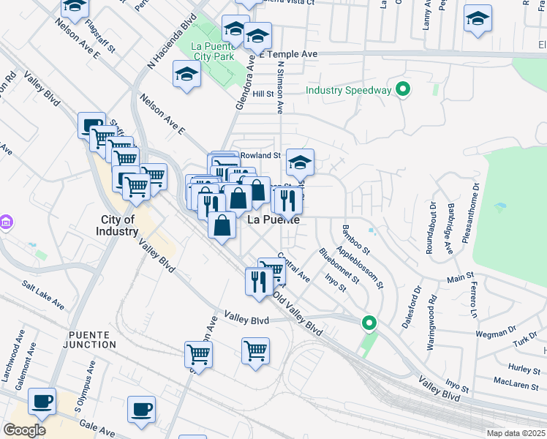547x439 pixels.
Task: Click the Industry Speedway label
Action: tap(349, 90)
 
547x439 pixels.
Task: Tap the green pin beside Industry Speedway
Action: tap(401, 90)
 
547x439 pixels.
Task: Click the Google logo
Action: tap(24, 430)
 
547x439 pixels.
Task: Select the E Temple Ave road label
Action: tap(288, 54)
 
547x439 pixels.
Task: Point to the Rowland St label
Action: tap(261, 155)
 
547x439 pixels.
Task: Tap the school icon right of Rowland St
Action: tap(300, 163)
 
